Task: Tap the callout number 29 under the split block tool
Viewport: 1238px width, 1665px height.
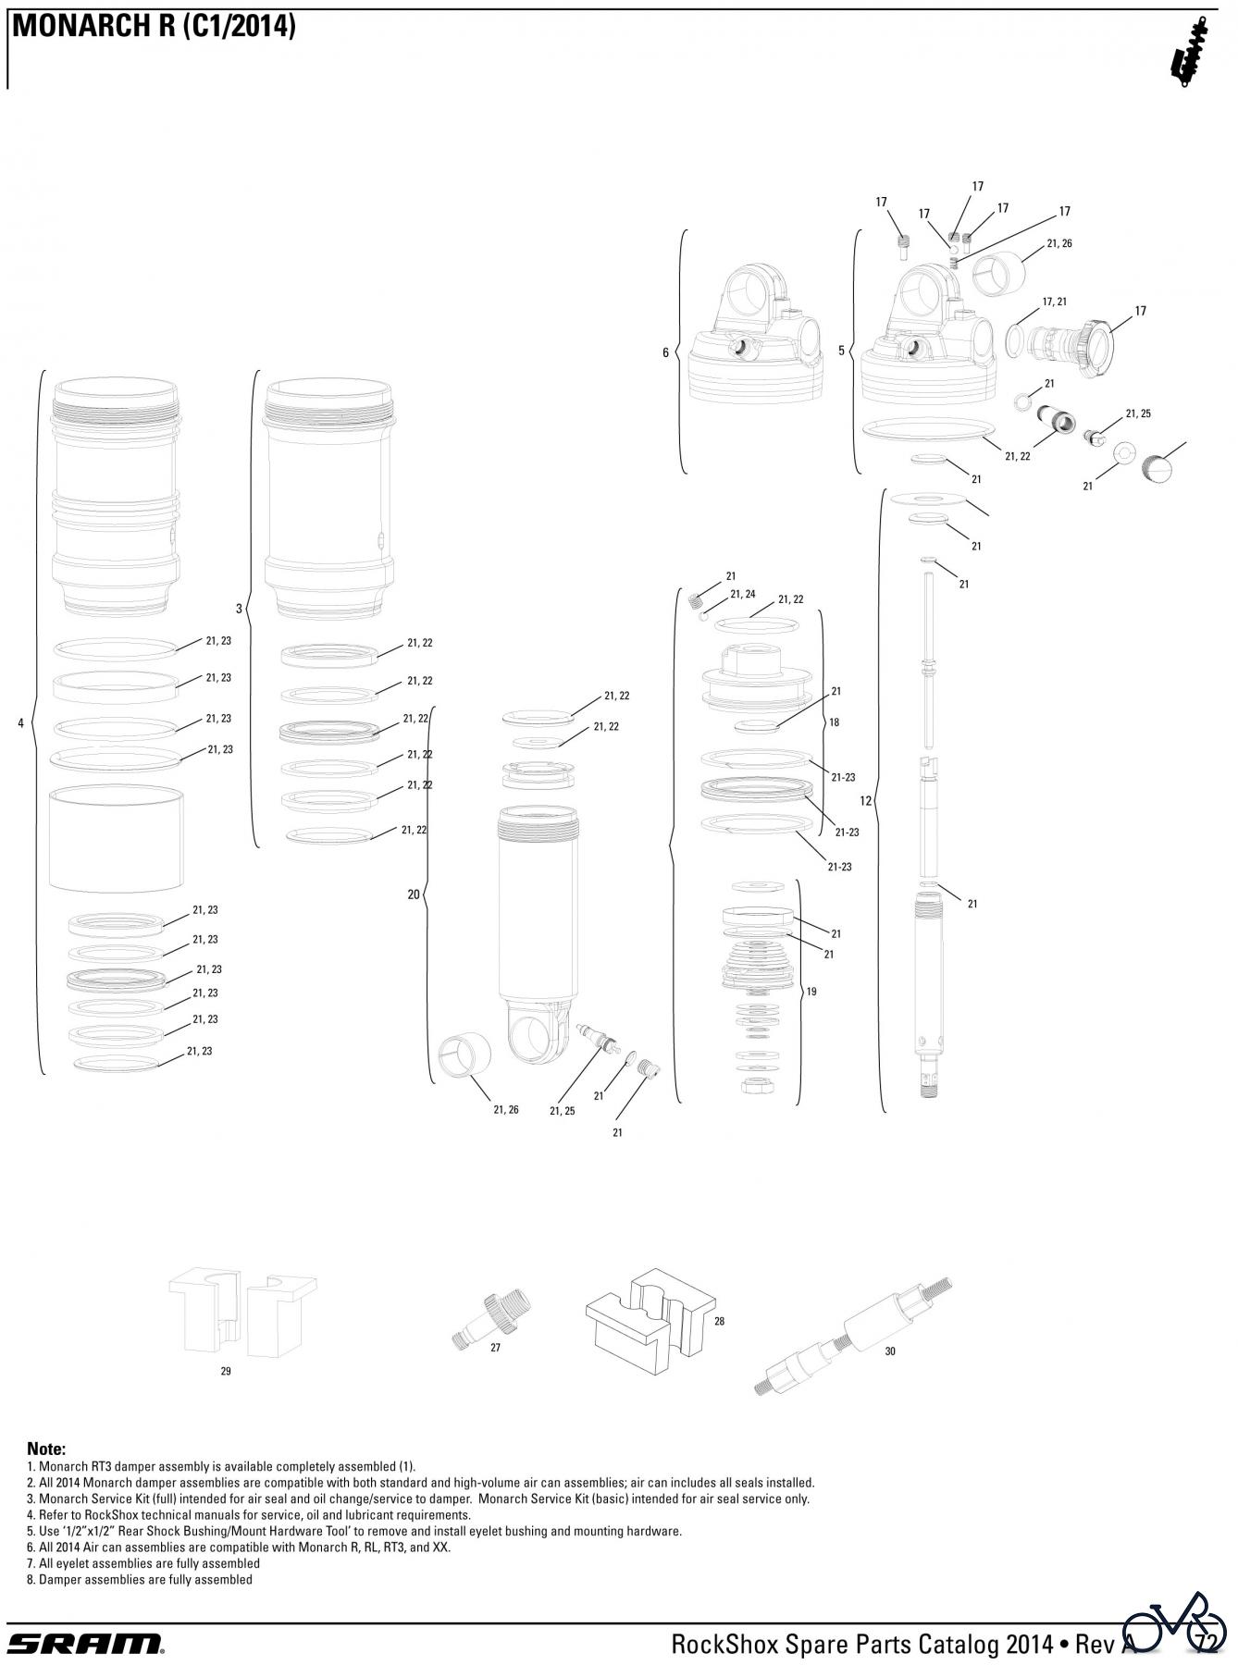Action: point(226,1371)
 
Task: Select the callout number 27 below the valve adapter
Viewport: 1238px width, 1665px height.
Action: point(495,1348)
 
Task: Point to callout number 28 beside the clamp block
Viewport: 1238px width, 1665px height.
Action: point(719,1321)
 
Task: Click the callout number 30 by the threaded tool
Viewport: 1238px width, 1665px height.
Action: point(890,1351)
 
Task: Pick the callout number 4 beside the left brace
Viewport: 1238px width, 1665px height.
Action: point(20,723)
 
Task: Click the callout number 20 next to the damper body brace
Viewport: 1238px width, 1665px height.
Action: point(414,894)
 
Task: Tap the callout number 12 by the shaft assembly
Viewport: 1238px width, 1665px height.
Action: point(865,800)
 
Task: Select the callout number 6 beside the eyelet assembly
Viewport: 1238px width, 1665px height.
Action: point(665,352)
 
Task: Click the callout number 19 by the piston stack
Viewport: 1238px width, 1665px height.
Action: point(811,992)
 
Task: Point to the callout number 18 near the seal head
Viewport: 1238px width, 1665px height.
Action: point(834,722)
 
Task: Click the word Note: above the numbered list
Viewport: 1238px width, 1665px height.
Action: point(46,1449)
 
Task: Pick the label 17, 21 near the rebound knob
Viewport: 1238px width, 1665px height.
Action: point(1055,302)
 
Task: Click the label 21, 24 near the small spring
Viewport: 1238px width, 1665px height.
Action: point(743,594)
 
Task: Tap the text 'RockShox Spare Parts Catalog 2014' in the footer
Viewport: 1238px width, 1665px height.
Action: point(862,1643)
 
